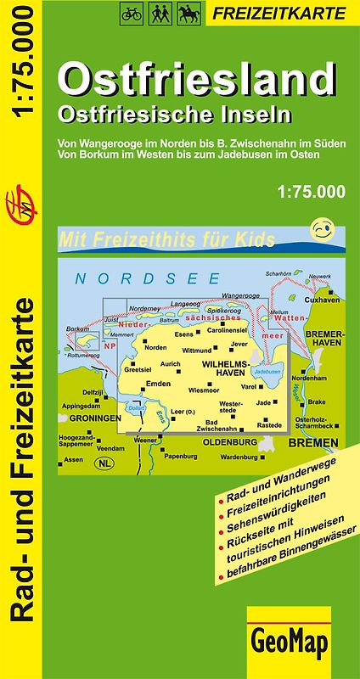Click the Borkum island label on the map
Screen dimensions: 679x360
click(77, 328)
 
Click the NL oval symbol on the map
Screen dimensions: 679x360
click(105, 463)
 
